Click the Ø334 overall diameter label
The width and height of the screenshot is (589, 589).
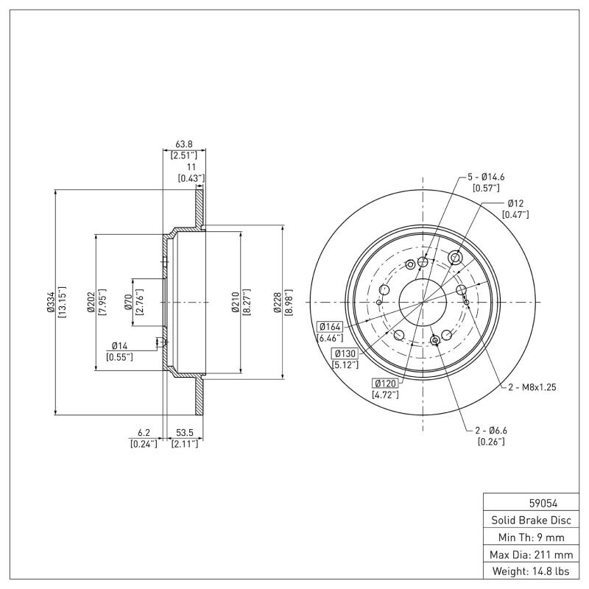[x=51, y=302]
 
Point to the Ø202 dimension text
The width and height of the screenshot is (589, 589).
[x=91, y=302]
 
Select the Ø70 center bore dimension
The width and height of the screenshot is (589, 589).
[x=127, y=302]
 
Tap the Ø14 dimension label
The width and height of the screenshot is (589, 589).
[x=120, y=345]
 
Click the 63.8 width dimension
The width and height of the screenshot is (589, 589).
[x=184, y=145]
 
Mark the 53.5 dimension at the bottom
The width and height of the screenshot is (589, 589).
[x=184, y=434]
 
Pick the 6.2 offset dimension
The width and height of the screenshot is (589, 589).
[x=144, y=434]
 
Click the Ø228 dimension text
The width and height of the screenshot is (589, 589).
[x=278, y=302]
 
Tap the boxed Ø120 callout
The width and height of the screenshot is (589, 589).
[x=385, y=383]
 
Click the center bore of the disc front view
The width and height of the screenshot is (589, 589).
[x=423, y=302]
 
